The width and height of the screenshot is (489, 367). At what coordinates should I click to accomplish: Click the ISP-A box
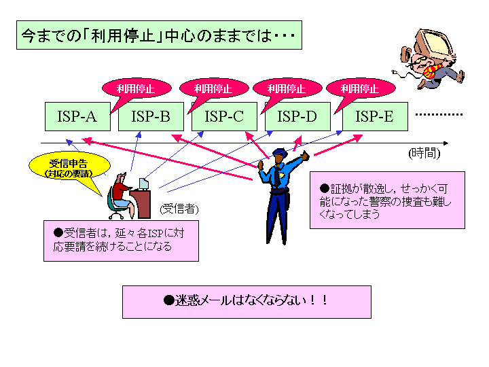coord(77,116)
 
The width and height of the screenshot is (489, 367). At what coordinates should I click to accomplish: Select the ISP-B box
coord(151,116)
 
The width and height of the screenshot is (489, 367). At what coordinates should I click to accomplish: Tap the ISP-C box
coord(224,116)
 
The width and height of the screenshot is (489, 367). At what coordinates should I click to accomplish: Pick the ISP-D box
coord(297,116)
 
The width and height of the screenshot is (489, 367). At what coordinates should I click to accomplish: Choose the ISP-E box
coord(375,116)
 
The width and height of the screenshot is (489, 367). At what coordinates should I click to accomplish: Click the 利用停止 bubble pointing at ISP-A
coord(137,89)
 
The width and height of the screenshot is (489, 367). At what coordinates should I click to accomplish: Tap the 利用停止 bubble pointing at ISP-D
coord(287,89)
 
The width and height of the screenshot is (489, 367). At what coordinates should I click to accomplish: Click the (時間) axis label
coord(424,153)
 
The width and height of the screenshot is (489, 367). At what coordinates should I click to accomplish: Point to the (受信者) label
coord(179,209)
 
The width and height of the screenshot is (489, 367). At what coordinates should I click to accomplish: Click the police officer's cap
coord(280,152)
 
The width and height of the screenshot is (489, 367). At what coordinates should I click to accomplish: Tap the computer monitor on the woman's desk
coord(144,183)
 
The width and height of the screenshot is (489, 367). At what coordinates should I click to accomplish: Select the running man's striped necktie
coord(432,71)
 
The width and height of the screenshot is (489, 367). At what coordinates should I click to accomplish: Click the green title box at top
coord(159,35)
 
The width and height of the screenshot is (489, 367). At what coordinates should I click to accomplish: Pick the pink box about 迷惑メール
coord(247,302)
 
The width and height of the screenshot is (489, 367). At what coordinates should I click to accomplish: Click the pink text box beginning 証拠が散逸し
coord(387,200)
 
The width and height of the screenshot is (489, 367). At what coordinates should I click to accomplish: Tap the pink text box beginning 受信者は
coord(121,241)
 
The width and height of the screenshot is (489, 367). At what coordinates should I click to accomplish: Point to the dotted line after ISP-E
coord(439,115)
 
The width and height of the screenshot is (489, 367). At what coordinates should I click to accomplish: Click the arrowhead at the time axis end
coord(446,143)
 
